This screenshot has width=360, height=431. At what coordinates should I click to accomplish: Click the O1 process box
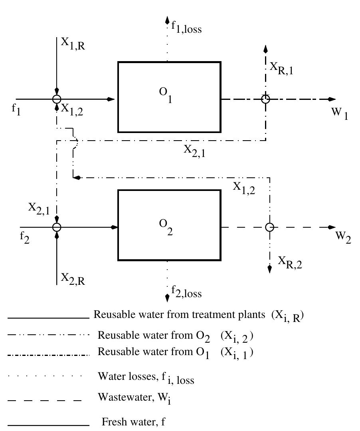tap(169, 97)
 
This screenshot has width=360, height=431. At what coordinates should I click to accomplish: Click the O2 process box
tap(169, 225)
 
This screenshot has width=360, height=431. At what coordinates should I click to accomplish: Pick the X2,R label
tap(73, 278)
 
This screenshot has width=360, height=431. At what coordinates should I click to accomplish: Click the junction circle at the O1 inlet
tap(57, 99)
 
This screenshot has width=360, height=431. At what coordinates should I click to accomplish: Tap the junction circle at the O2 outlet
tap(270, 227)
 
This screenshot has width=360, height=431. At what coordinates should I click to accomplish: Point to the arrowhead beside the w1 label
tap(331, 99)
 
